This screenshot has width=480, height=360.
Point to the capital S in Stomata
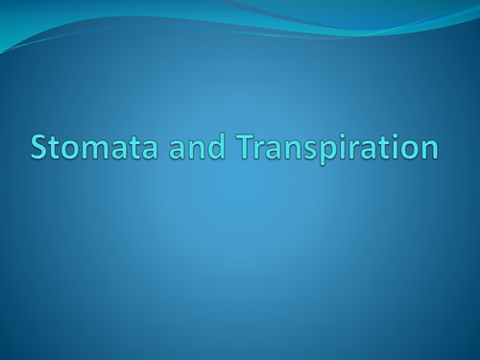click(x=39, y=149)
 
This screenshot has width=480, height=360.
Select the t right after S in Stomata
click(x=56, y=150)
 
